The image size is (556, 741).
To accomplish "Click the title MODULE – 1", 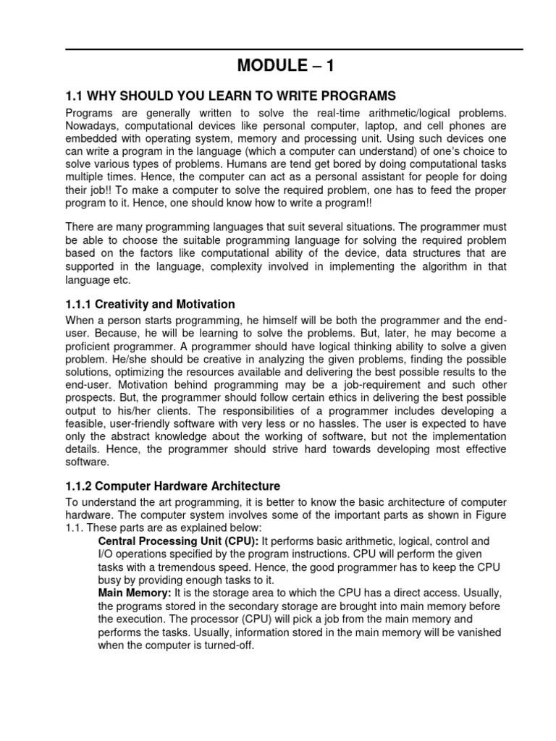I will click(287, 67).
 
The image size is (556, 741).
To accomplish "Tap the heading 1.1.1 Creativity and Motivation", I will click(150, 304).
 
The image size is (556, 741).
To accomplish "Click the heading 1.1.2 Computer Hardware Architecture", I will click(172, 486).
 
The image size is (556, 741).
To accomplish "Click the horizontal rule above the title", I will click(294, 49).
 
